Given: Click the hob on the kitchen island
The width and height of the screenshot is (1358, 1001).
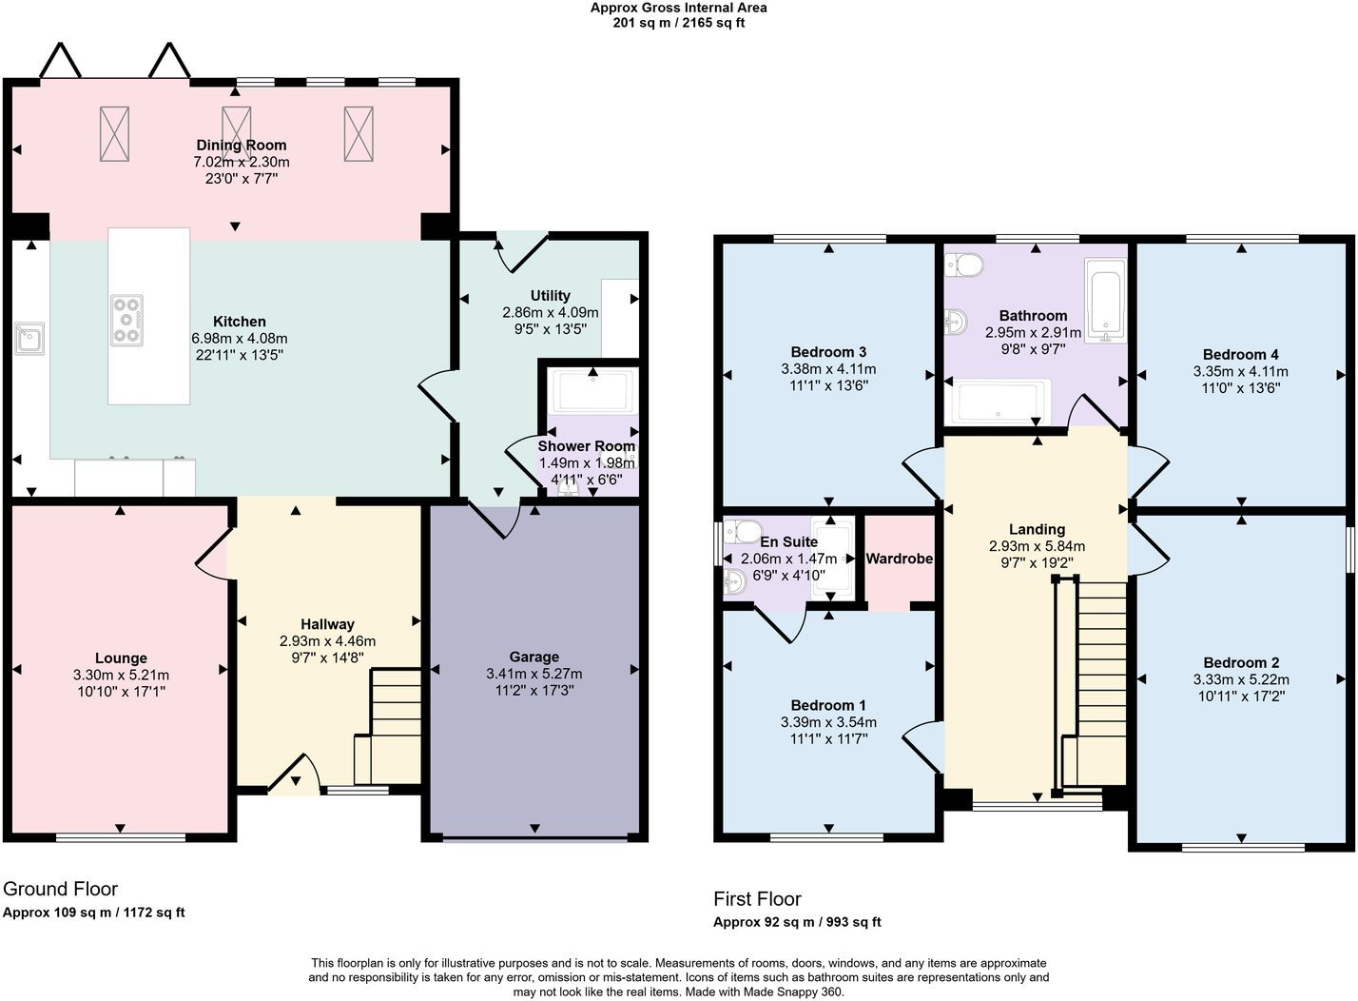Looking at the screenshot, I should point(126,319).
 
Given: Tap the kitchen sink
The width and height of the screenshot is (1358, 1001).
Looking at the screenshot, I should point(29,338).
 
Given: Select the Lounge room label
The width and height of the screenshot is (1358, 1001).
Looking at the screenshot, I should point(121,658).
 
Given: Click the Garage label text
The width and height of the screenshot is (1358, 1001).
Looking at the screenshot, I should point(533,657).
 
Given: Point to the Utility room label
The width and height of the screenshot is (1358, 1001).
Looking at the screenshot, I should point(550,296).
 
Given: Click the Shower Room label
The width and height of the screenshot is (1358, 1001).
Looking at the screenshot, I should point(586,446).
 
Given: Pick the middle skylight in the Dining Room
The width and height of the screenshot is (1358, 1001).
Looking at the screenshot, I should point(236,133).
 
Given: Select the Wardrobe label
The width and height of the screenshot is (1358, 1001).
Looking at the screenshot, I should point(899,559).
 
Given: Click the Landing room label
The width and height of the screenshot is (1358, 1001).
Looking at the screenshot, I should point(1037,529).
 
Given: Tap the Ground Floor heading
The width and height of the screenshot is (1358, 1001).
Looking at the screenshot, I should point(60,889).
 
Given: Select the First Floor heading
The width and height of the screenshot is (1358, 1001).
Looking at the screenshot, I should point(757,898).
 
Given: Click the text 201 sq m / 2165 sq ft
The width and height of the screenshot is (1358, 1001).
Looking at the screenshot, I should point(678,23).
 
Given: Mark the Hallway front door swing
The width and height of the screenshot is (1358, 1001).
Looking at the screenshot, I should point(293,775).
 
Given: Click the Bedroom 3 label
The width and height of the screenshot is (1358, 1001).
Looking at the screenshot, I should point(828,352).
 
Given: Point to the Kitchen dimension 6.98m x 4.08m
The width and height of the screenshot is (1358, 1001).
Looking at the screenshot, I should point(240,338).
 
